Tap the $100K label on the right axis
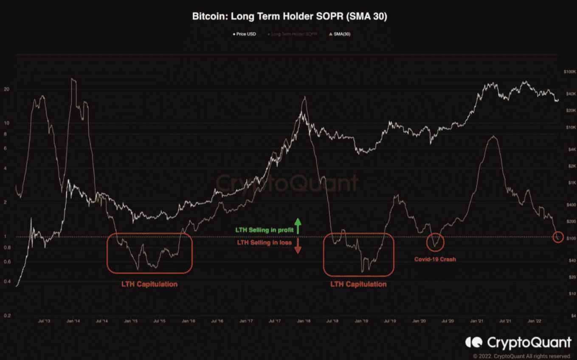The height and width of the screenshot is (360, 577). coord(568,72)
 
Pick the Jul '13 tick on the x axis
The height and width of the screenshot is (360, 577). coord(44,321)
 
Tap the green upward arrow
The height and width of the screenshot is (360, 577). coord(298,226)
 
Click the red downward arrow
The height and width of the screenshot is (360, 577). coord(298,246)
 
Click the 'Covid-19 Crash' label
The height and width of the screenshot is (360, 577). coord(435,259)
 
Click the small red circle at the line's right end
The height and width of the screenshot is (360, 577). coord(559,237)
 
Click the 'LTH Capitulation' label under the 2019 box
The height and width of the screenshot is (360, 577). coord(358,284)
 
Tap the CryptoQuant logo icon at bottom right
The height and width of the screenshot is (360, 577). coord(474,342)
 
